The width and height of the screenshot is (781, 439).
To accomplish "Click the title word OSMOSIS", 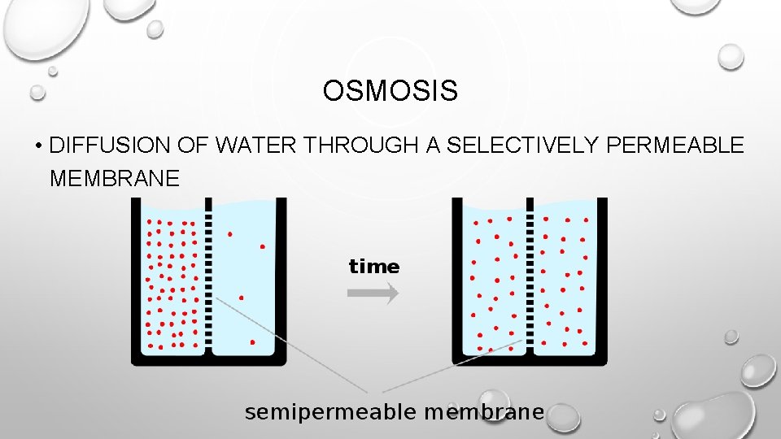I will pos(390,91).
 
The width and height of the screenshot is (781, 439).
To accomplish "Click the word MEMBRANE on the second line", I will pos(114,178).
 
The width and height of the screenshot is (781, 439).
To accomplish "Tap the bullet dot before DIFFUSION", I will pos(38,147).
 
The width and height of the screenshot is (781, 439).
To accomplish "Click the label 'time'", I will pos(374,267).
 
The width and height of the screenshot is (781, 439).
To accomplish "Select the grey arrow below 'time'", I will pos(373,293).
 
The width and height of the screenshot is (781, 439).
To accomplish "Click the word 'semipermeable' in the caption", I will pos(330,412).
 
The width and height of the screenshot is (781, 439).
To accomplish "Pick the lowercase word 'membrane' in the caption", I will pos(483,412).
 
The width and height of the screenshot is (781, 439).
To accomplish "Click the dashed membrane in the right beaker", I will pos(530,276).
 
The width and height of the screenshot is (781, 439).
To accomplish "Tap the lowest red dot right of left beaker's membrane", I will pos(252,342).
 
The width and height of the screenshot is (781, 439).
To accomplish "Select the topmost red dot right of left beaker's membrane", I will pos(230,234).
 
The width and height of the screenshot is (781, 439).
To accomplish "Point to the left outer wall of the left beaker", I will pos(136,276).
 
